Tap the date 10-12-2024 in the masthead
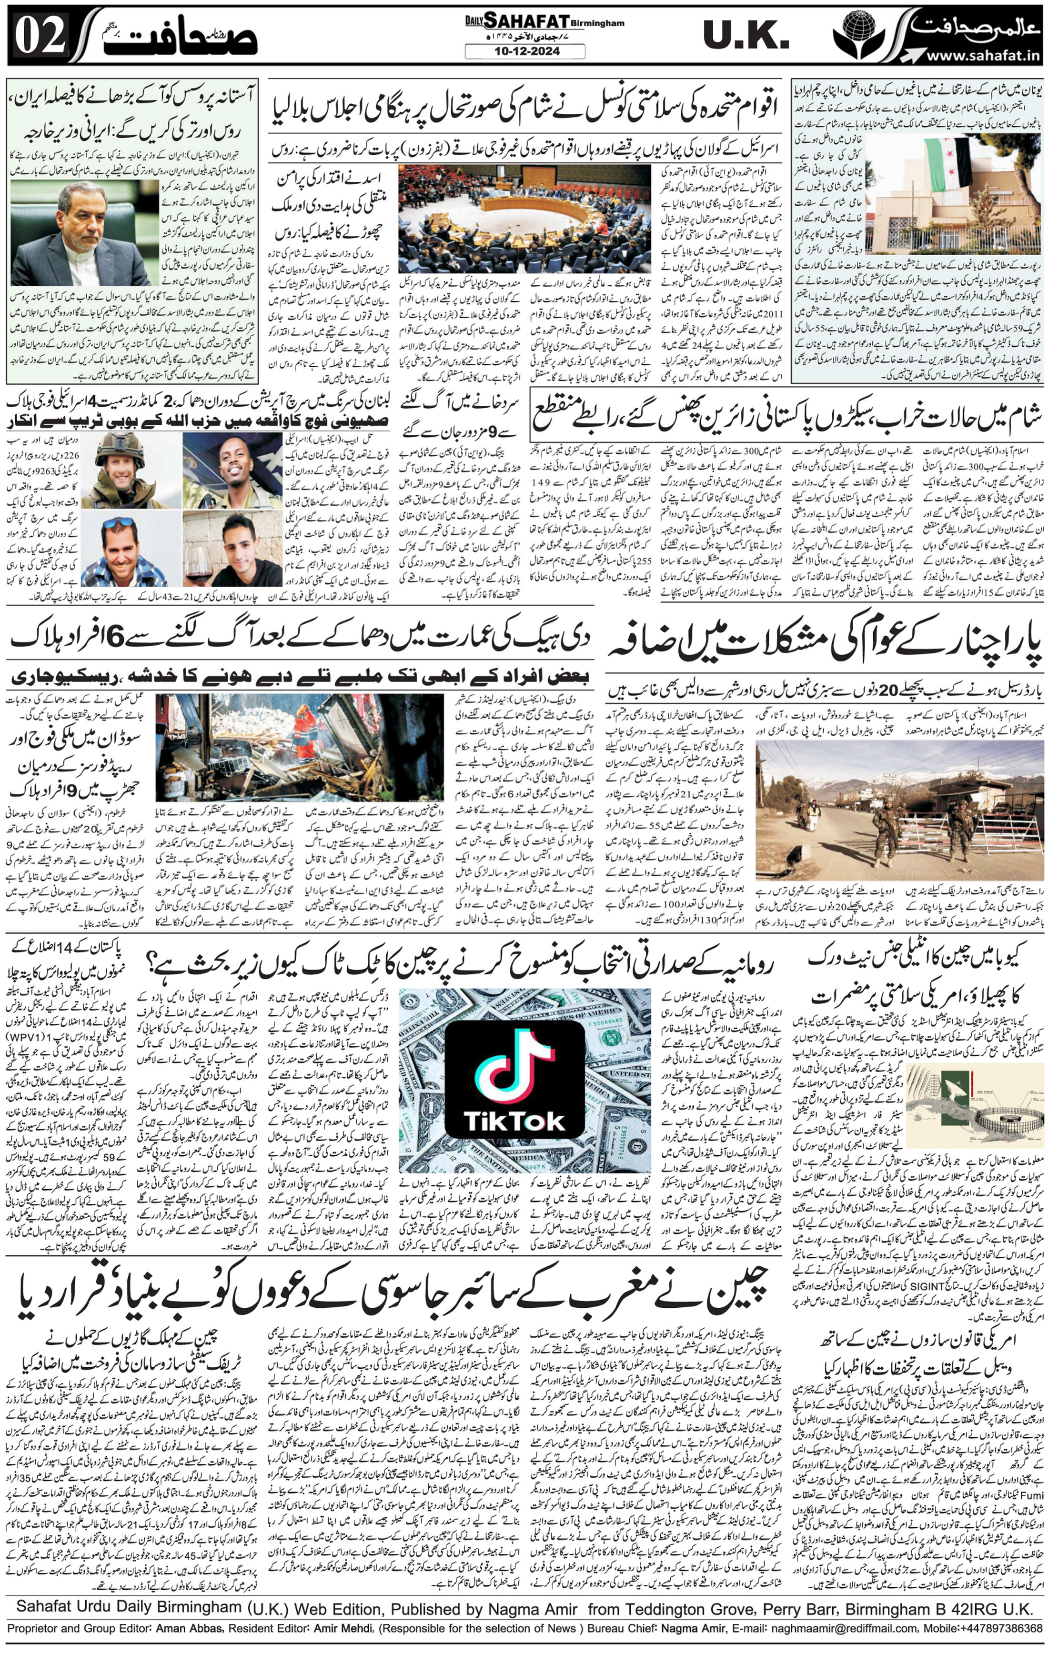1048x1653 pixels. point(524,51)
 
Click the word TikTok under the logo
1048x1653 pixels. point(515,1121)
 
